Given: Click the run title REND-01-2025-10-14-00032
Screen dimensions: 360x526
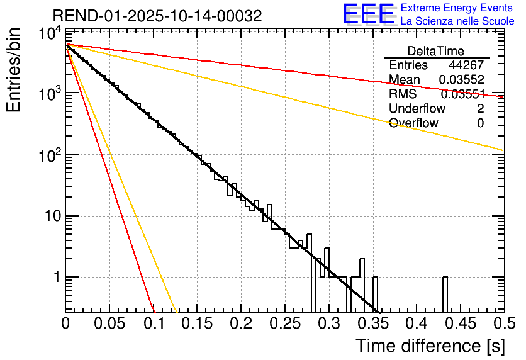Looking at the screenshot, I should [x=157, y=16].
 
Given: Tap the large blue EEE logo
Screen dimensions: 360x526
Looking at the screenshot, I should [x=368, y=15].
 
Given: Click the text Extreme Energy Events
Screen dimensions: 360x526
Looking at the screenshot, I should [x=457, y=8].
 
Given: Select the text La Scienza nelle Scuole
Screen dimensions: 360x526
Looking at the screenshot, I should [x=457, y=22].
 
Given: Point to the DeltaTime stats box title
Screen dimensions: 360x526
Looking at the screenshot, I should [x=435, y=51].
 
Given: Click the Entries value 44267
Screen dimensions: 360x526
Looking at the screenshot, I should [x=466, y=65].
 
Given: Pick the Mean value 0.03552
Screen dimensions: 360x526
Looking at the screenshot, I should [x=461, y=80].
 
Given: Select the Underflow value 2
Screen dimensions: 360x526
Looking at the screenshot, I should [x=480, y=109].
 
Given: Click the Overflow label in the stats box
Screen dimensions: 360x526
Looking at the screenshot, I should [x=413, y=123].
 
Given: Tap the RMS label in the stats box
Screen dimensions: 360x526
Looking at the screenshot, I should [x=403, y=94].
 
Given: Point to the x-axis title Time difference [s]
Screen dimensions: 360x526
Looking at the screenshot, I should [x=430, y=346].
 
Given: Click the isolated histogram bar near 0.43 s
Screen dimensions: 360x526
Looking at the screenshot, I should [x=445, y=295].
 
